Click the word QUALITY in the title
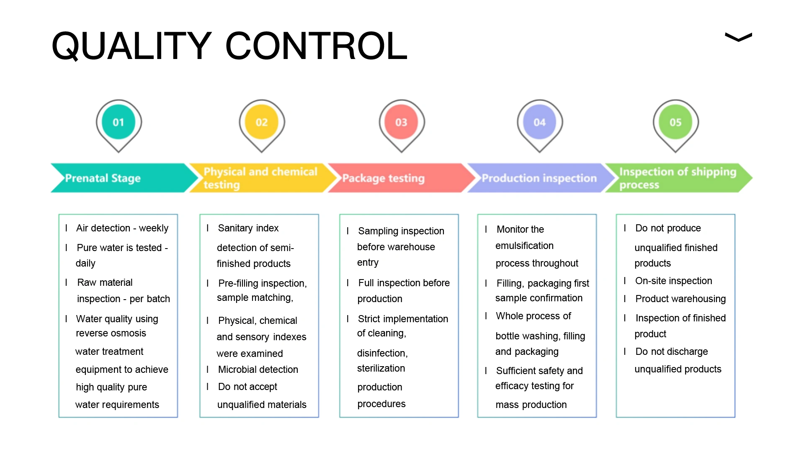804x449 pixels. click(x=131, y=46)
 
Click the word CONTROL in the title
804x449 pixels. click(x=316, y=46)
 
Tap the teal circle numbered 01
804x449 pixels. click(x=119, y=122)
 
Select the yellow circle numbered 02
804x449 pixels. click(x=262, y=122)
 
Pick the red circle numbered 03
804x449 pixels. click(x=401, y=122)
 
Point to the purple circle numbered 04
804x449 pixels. click(x=539, y=122)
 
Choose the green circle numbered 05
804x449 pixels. click(x=675, y=122)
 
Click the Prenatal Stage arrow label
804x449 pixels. click(x=103, y=178)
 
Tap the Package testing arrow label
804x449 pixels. click(x=383, y=178)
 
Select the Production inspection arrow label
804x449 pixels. click(x=539, y=178)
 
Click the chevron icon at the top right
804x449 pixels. click(x=738, y=37)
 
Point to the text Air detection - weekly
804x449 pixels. click(x=122, y=228)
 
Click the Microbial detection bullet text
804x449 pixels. click(x=258, y=369)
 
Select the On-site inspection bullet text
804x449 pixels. click(x=673, y=281)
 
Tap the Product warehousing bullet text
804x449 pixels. click(x=680, y=299)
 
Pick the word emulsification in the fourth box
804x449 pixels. click(x=524, y=246)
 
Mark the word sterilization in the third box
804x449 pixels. click(x=381, y=368)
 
